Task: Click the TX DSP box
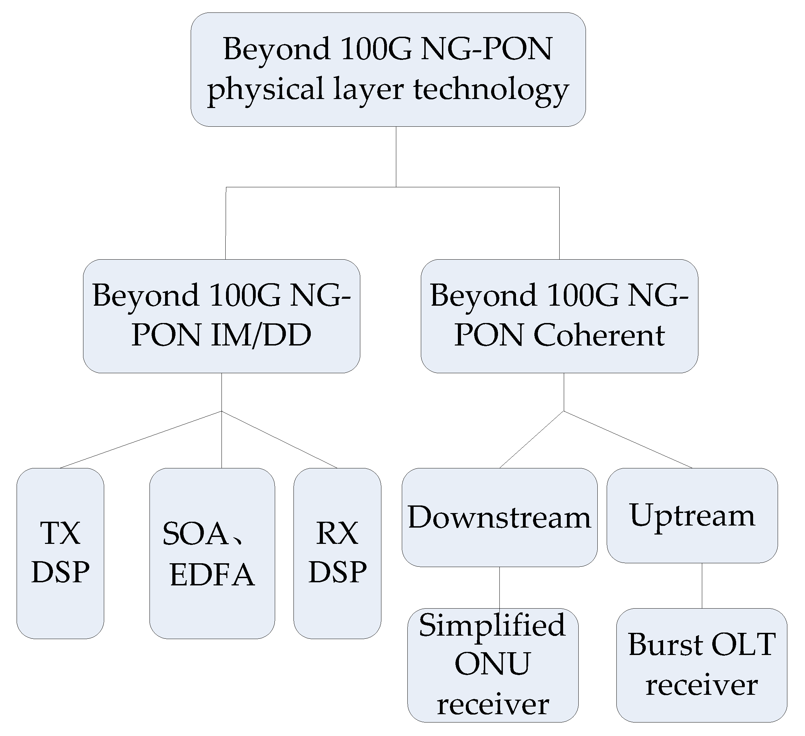tap(60, 553)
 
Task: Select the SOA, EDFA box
tap(212, 553)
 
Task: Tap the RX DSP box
tap(337, 553)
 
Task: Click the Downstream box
tap(499, 518)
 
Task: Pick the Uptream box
tap(692, 515)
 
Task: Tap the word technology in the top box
tap(491, 90)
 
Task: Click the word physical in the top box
tap(265, 90)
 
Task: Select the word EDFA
tap(212, 575)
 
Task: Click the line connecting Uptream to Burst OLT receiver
tap(702, 585)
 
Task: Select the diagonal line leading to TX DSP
tap(140, 440)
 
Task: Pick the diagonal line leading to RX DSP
tap(280, 440)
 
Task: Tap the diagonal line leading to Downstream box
tap(532, 440)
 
